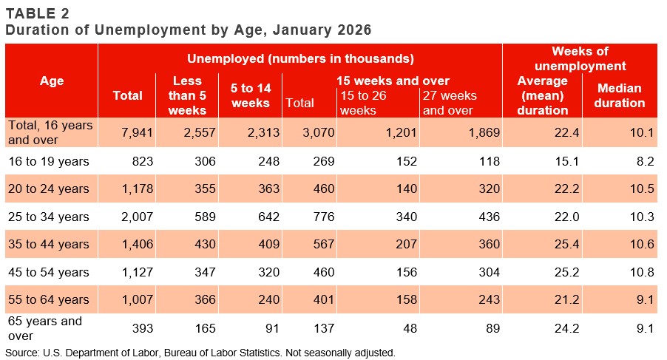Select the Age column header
point(51,81)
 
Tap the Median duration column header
point(619,95)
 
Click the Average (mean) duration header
point(543,95)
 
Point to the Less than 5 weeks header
point(187,95)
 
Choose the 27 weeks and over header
point(450,103)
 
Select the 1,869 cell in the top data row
point(484,132)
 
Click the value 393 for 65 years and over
point(141,327)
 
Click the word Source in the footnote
point(22,353)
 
